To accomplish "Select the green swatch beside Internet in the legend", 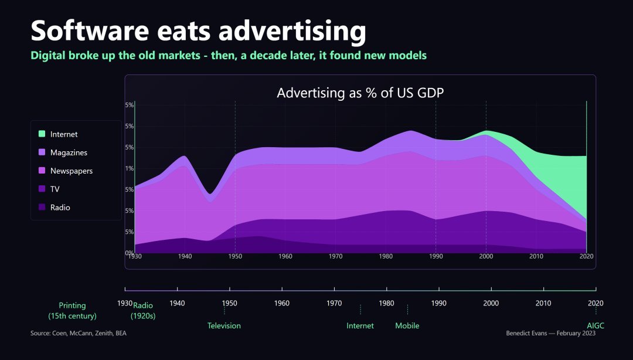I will coord(42,134).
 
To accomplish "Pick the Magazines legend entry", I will coord(69,152).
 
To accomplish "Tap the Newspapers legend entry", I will coord(72,171).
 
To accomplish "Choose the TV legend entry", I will coord(55,189).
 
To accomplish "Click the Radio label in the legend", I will coord(60,208).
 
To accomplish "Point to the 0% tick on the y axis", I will coord(130,253).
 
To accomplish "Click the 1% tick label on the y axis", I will coord(130,169).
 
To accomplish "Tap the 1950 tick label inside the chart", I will coord(235,257).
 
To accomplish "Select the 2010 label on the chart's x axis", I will coord(536,257).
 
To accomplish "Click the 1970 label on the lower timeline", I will coord(334,303).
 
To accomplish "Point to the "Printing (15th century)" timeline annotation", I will coord(72,311).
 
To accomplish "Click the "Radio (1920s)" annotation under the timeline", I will coord(143,311).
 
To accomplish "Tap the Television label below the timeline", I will coord(224,325).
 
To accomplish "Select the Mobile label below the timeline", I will coord(407,325).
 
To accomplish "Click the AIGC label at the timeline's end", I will coord(595,325).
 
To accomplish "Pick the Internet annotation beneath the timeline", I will coord(360,325).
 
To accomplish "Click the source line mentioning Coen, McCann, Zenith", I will coord(79,333).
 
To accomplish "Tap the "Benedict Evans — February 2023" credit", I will coord(550,333).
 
